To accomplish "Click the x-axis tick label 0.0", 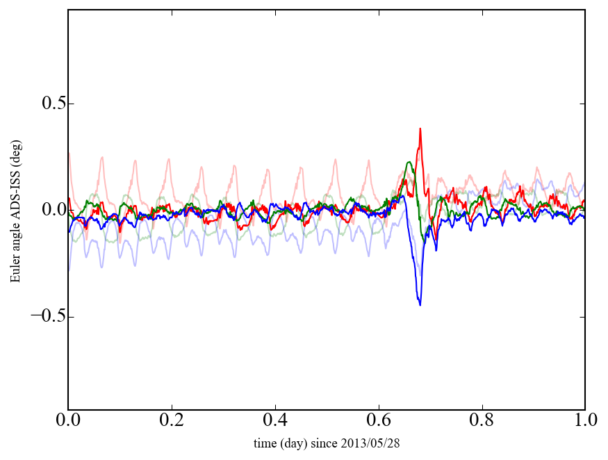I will [68, 421].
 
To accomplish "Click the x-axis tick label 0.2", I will [172, 421].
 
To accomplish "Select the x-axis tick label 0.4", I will [275, 421].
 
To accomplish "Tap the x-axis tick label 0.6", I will [379, 421].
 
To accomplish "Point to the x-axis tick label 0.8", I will [482, 421].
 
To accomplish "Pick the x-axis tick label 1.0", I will [585, 421].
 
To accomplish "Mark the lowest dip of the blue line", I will [420, 304].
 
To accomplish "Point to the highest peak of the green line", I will [409, 162].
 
